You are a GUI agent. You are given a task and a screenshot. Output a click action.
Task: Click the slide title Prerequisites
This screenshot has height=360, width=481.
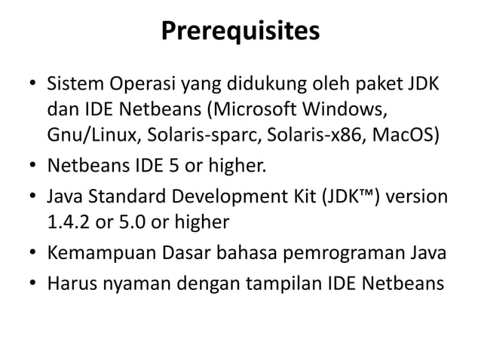click(x=240, y=32)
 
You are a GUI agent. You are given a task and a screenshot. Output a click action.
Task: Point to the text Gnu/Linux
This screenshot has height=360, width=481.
click(x=84, y=136)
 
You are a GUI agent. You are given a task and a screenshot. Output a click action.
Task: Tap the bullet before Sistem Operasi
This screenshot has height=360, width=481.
click(x=32, y=81)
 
